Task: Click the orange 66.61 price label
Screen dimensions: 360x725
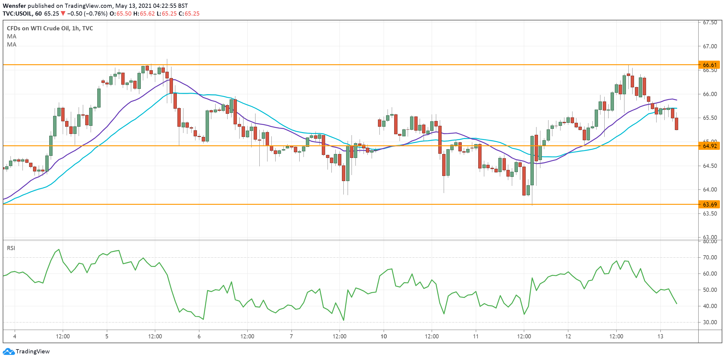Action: tap(710, 65)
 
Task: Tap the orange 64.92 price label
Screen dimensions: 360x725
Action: tap(710, 146)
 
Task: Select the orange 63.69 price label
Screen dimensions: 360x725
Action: tap(710, 204)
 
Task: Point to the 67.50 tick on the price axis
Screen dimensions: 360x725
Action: tap(710, 23)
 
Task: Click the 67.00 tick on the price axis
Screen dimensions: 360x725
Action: tap(710, 46)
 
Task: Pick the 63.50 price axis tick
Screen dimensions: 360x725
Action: tap(710, 213)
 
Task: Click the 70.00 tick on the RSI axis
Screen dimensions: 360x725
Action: tap(710, 257)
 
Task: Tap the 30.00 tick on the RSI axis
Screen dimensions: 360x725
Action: tap(710, 322)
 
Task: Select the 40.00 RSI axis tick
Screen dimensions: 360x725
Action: tap(710, 306)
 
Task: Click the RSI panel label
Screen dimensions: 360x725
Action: tap(11, 248)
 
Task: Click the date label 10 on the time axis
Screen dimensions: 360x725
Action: tap(384, 336)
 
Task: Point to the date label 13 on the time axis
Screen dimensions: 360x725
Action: tap(660, 336)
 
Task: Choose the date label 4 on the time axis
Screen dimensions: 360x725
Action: tap(15, 336)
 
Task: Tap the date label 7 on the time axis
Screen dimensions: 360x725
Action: tap(291, 336)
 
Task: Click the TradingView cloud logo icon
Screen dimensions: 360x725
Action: tap(8, 351)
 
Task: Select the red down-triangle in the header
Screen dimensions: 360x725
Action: tap(63, 14)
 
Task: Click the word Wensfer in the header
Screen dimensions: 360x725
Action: tap(14, 6)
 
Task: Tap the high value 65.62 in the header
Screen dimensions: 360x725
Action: tap(147, 14)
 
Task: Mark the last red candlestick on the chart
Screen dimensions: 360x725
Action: tap(676, 124)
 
